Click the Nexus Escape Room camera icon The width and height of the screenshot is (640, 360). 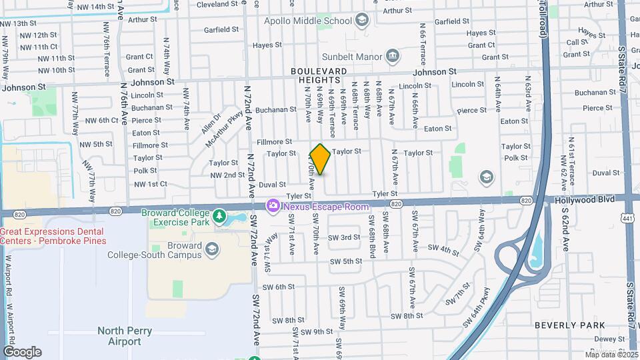pos(273,206)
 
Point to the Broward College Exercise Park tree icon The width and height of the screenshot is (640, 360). pos(219,217)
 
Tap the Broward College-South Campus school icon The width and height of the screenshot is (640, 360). pos(212,249)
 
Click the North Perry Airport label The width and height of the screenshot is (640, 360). pos(125,336)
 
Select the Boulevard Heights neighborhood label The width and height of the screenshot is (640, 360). pos(319,75)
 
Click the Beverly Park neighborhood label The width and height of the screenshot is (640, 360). pos(560,325)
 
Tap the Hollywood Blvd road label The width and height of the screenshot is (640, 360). pos(584,199)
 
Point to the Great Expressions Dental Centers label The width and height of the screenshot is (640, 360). pos(53,236)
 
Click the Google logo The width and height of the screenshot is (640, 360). pos(22,351)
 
